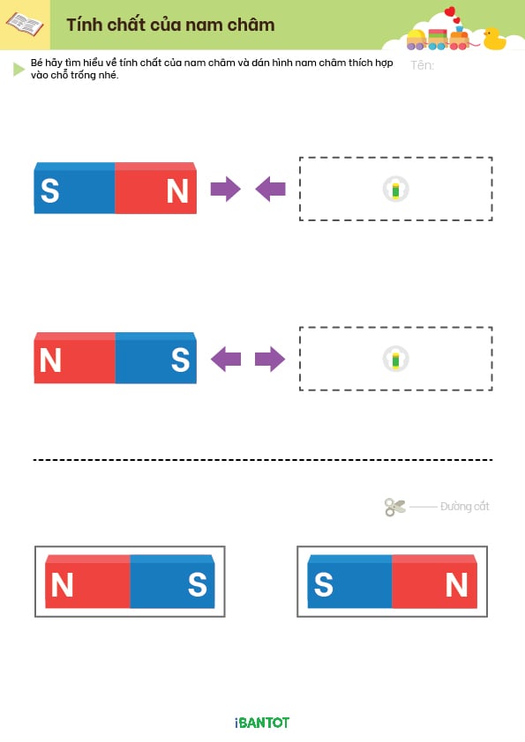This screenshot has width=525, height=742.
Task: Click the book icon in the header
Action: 24,24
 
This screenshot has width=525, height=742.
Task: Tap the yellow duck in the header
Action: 494,39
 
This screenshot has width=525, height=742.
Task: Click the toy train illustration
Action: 438,38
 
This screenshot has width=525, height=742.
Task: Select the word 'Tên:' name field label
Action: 422,65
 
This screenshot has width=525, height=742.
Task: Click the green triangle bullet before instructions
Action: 19,69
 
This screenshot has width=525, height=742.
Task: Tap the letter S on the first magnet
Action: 49,190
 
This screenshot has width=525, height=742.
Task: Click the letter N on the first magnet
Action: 177,191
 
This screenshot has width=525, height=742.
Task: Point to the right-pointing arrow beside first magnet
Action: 226,189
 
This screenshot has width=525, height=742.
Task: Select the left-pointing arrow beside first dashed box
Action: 270,189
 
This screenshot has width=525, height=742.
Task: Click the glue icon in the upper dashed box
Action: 395,189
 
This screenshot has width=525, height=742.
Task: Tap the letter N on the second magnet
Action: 50,360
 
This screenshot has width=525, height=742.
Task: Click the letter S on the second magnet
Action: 180,360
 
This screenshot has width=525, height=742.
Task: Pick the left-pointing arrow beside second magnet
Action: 226,360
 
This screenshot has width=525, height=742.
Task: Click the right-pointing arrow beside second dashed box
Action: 270,360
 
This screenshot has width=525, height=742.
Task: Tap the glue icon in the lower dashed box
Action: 395,360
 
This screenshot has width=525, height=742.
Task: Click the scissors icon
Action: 394,507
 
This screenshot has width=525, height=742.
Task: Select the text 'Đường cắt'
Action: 464,507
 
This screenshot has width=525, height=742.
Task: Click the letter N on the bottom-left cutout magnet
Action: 62,585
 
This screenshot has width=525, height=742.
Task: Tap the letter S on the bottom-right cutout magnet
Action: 324,584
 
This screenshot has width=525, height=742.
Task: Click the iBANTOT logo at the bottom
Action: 262,723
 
